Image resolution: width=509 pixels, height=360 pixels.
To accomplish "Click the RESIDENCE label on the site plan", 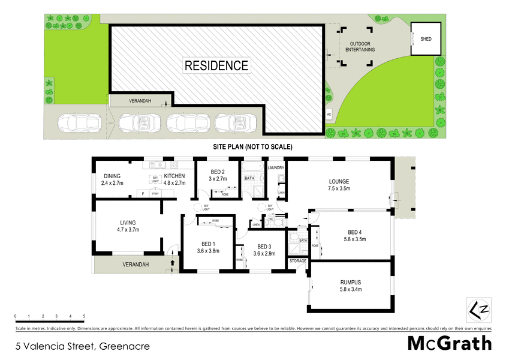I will click(x=216, y=65).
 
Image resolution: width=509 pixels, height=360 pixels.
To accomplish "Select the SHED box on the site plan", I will click(x=426, y=39).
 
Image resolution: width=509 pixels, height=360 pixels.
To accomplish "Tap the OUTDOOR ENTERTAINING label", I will click(x=360, y=46).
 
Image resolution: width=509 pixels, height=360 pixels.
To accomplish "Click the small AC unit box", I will click(x=329, y=113).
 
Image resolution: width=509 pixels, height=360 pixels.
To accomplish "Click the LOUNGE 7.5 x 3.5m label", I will click(x=338, y=185).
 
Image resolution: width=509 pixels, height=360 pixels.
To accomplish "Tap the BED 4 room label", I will click(x=356, y=236).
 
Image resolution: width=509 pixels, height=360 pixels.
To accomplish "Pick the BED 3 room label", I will click(x=264, y=250).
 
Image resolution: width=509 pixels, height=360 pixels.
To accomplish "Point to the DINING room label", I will click(x=112, y=179).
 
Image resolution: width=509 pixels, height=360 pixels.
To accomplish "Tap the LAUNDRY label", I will click(x=276, y=168).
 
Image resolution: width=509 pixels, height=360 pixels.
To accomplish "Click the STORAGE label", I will click(x=298, y=261).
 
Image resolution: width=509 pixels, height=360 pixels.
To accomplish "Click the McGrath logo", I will click(x=450, y=343).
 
